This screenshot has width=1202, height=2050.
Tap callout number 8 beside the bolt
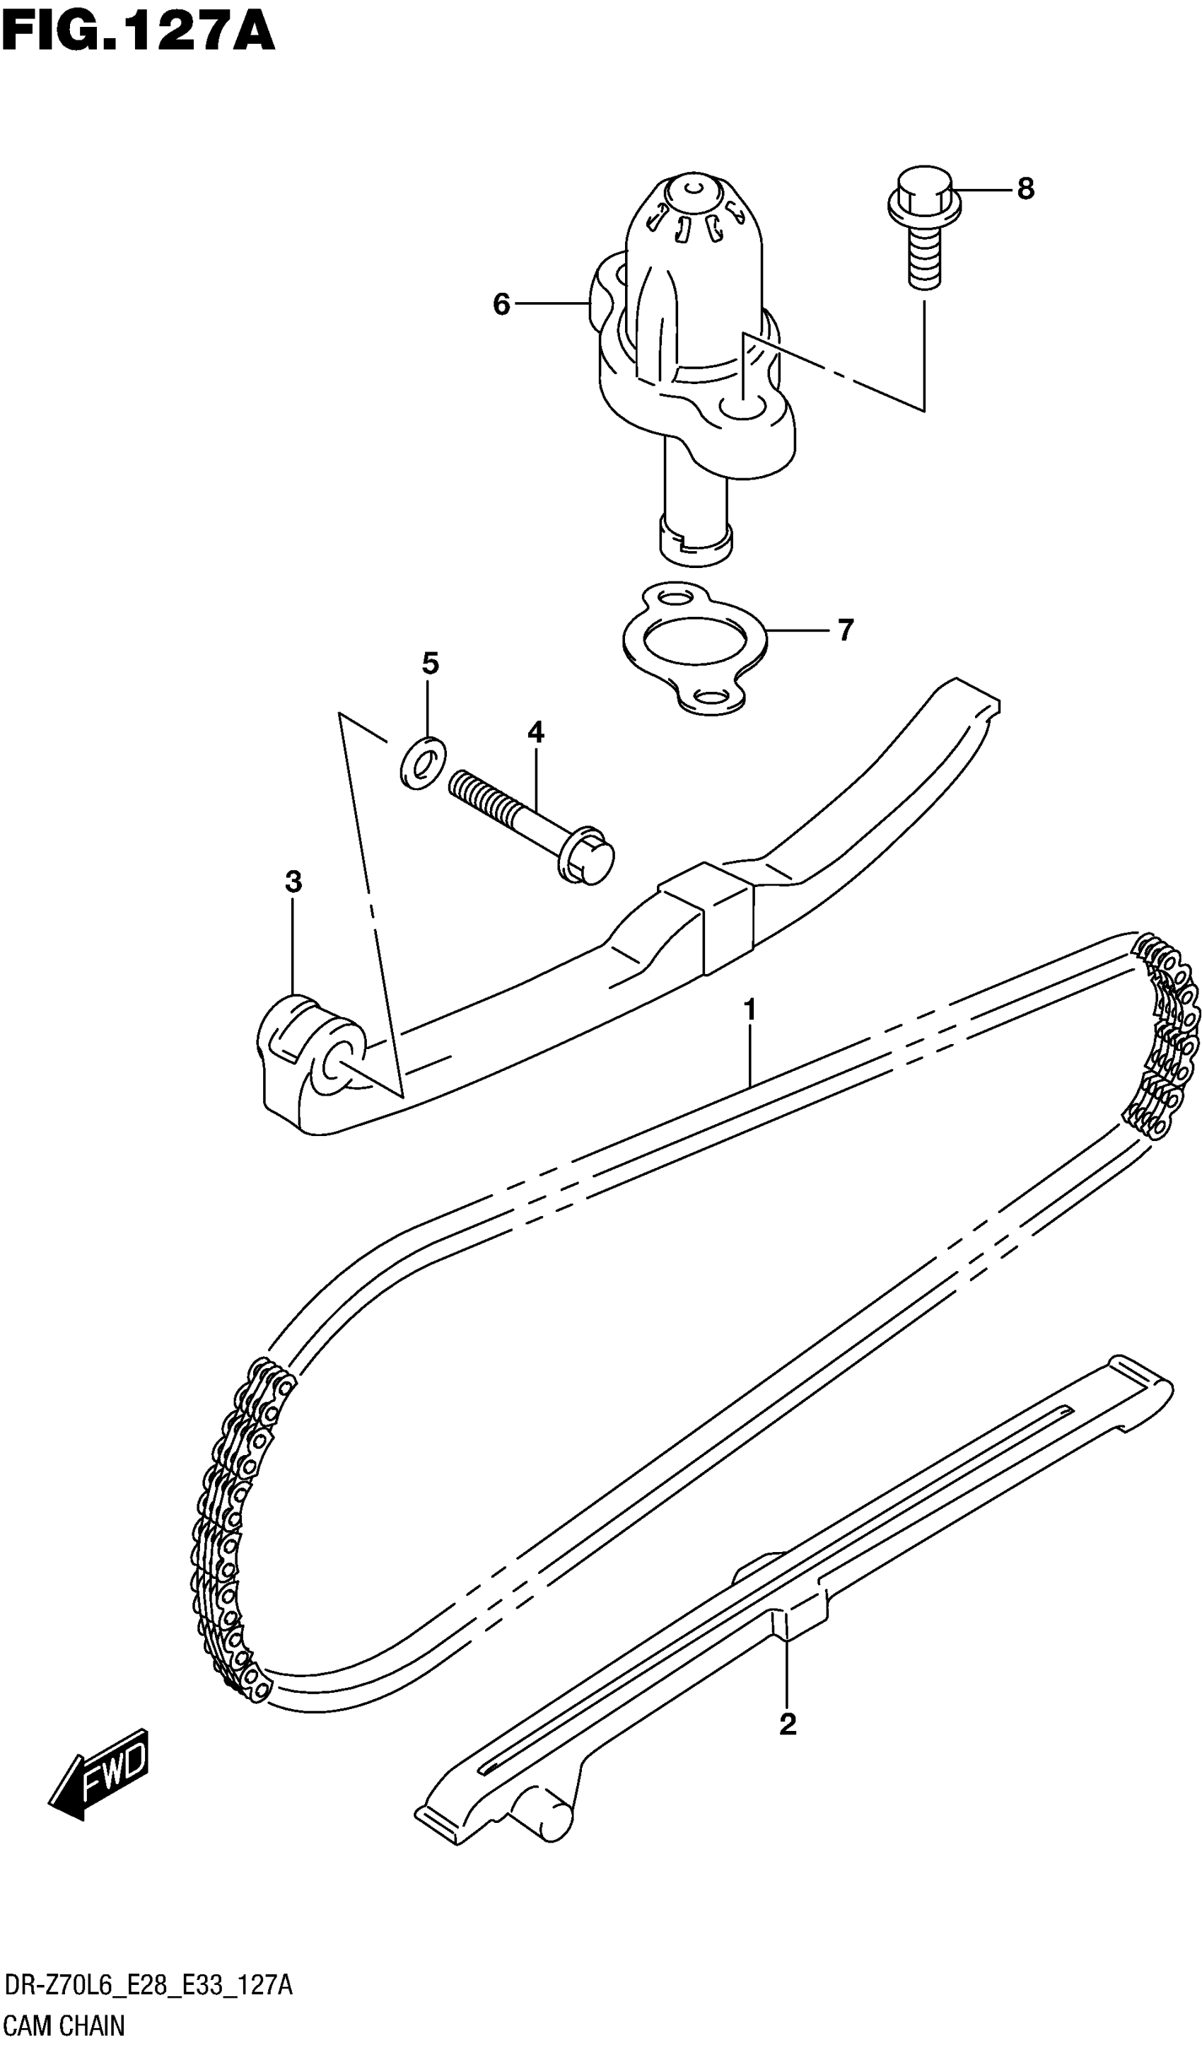point(1025,189)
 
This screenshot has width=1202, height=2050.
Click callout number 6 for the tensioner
point(501,304)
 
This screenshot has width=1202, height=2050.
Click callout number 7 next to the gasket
point(845,630)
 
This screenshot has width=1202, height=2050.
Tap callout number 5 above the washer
point(430,664)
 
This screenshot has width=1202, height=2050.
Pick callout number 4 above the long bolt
point(535,732)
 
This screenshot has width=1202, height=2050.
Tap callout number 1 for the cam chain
point(749,1010)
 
